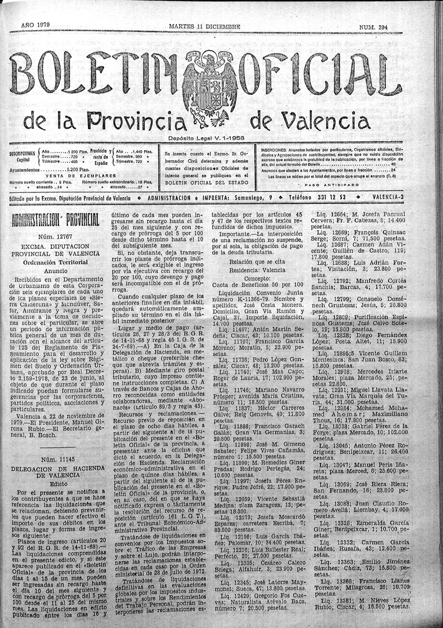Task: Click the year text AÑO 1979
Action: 35,25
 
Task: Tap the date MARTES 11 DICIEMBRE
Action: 205,26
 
